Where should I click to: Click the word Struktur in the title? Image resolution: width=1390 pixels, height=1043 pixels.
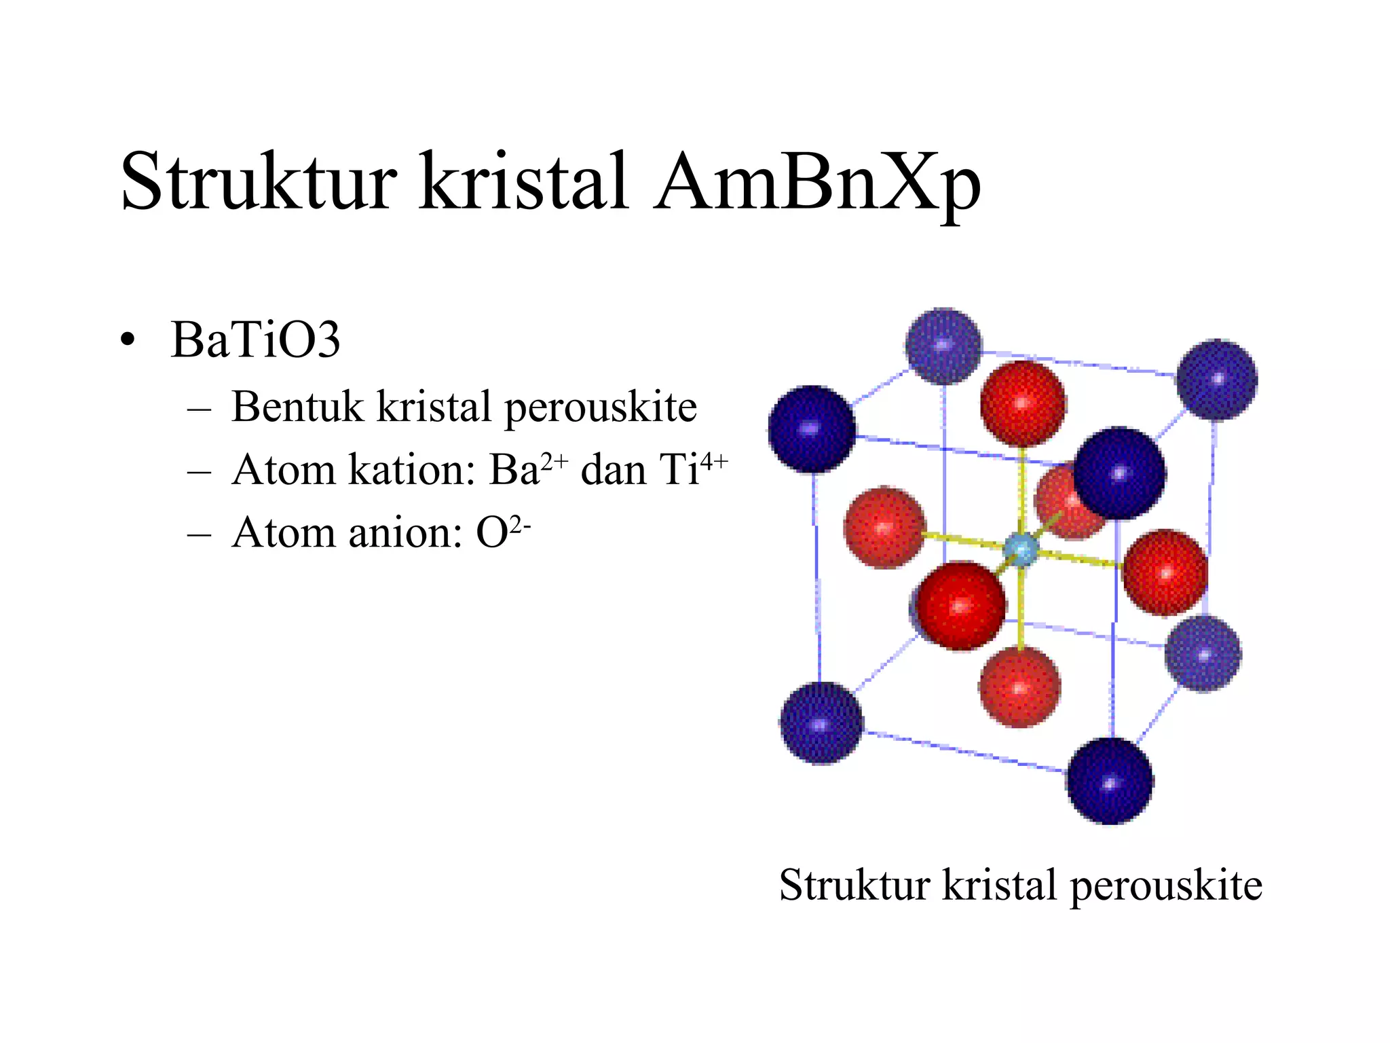click(258, 182)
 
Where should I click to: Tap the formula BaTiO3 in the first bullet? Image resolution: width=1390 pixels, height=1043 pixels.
click(255, 340)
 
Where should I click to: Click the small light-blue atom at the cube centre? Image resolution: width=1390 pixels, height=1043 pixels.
click(1021, 549)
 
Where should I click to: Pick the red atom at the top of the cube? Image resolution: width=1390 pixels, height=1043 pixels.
click(1023, 404)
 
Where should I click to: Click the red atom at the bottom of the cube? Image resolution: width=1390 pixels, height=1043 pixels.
click(1019, 687)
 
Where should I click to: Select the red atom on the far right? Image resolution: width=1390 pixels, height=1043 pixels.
click(1165, 572)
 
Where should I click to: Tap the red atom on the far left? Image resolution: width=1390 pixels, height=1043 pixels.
click(884, 527)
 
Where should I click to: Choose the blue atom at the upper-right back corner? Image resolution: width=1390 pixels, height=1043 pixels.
click(1217, 379)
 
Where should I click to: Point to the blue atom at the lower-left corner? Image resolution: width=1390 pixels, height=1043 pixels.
click(821, 723)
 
